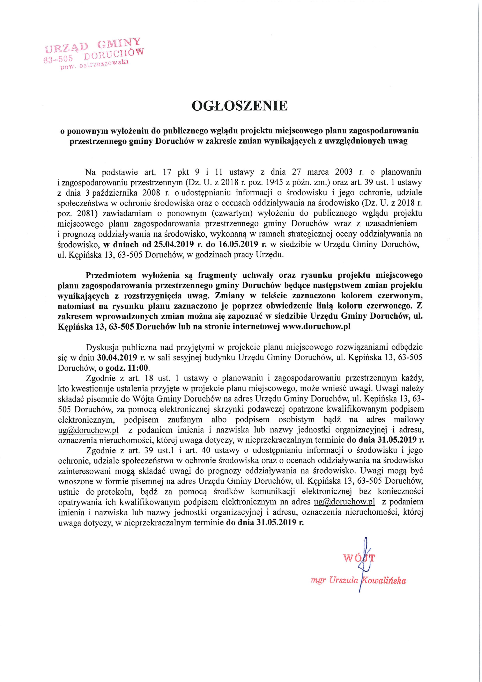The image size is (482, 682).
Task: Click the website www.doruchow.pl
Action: [x=316, y=326]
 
